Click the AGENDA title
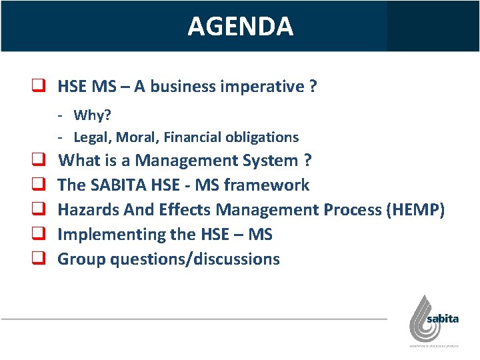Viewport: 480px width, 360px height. click(240, 26)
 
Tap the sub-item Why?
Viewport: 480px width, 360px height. click(92, 115)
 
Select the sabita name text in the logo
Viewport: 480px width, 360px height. click(442, 319)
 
